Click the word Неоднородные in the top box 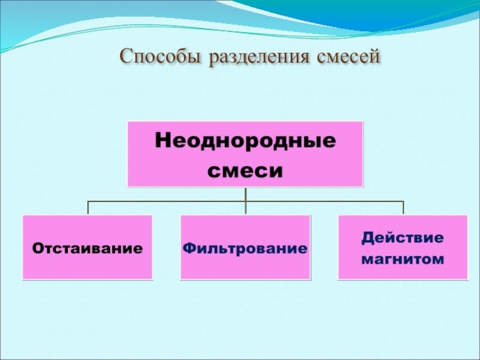[245, 142]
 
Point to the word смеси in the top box [245, 170]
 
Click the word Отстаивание [88, 247]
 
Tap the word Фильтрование [245, 247]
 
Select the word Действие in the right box [403, 237]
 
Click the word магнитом [403, 259]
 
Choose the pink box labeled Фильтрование [245, 267]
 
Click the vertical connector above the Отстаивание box [88, 208]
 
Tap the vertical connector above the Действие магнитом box [403, 208]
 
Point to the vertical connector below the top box [245, 194]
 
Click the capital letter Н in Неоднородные [163, 142]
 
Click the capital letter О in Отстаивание [37, 247]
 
